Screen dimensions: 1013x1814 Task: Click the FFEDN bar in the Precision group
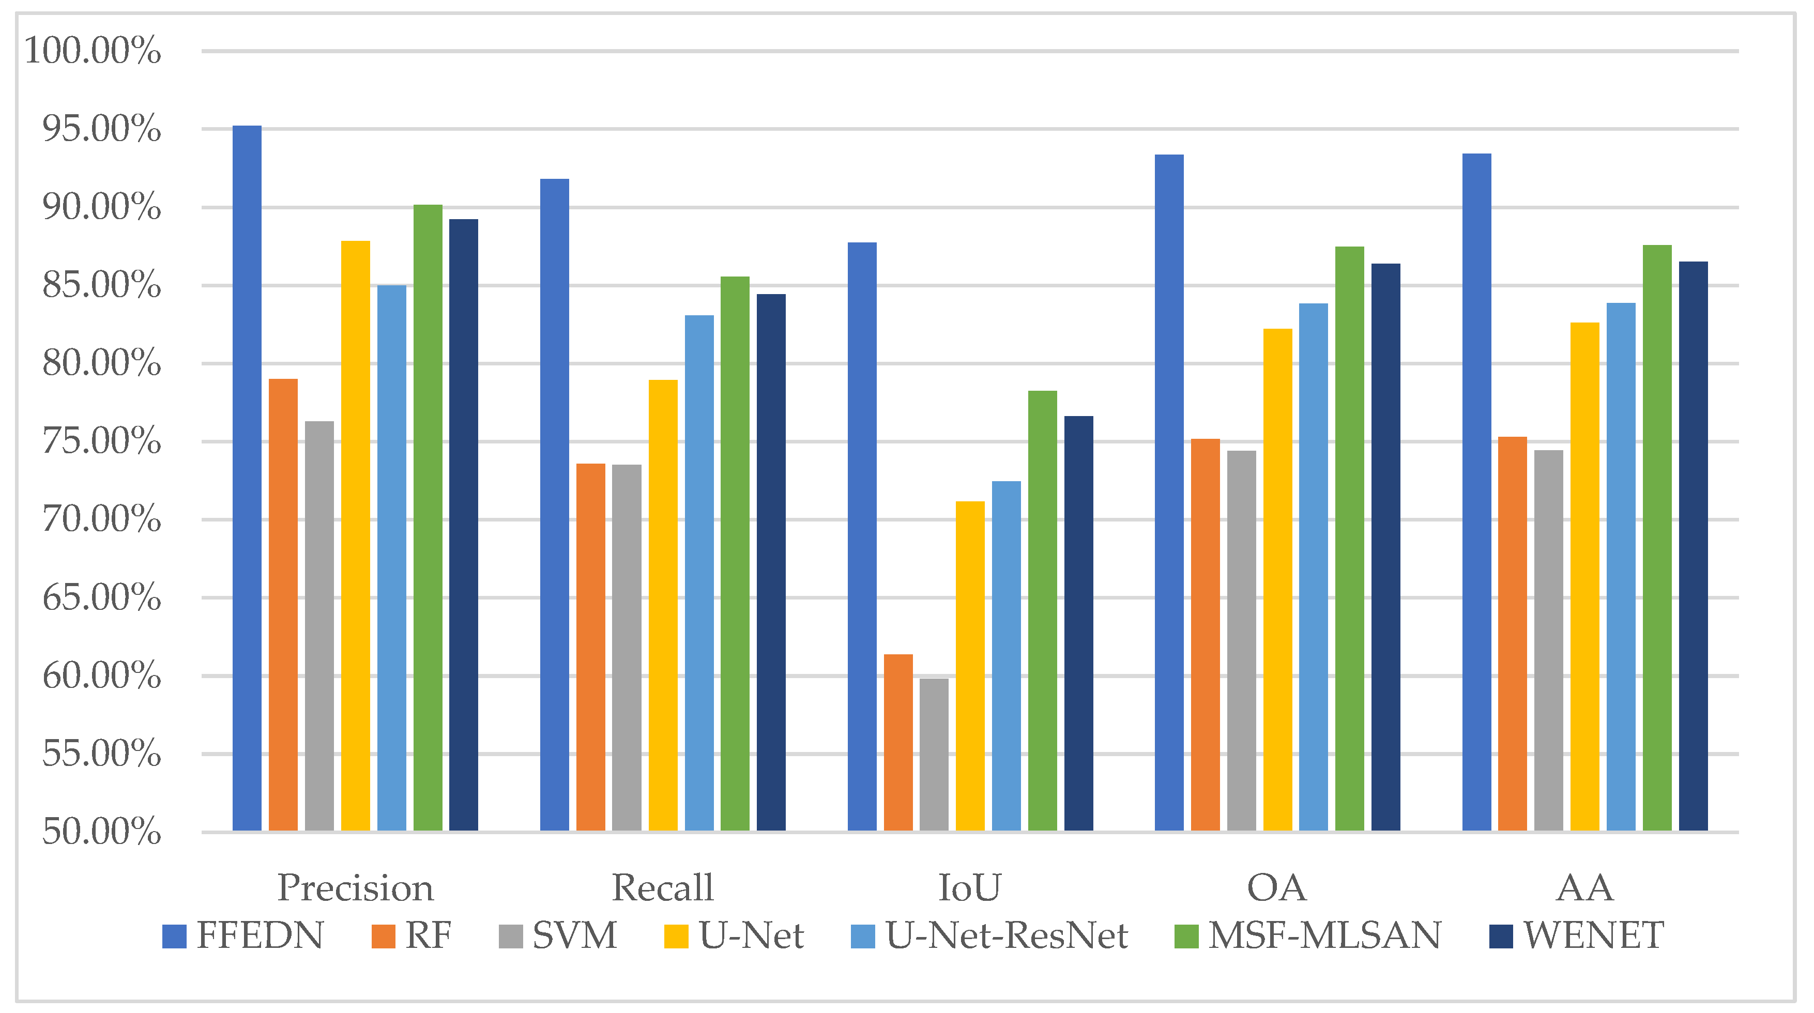(247, 479)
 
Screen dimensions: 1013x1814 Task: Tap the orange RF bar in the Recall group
(590, 648)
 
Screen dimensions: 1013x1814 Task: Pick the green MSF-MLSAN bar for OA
(1349, 539)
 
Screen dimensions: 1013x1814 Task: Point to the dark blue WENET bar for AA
(1693, 546)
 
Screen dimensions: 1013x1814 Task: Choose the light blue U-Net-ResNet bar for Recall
(699, 573)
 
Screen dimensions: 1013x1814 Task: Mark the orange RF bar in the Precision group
(283, 605)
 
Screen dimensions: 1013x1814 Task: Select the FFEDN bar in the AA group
(1477, 493)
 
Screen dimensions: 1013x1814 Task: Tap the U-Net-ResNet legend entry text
(1007, 935)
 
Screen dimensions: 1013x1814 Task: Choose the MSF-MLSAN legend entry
(1324, 935)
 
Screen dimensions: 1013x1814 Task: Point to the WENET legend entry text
(1594, 935)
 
